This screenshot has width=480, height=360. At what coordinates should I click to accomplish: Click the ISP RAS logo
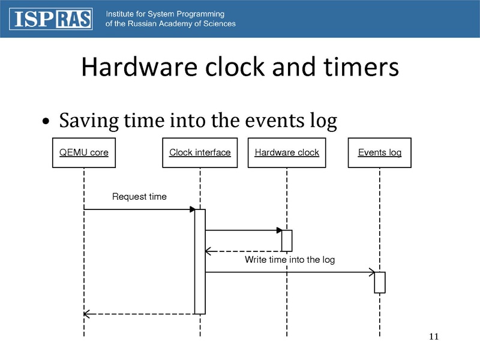click(50, 19)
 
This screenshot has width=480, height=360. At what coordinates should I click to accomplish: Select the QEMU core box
click(84, 152)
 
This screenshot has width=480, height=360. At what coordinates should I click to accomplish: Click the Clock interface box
click(200, 152)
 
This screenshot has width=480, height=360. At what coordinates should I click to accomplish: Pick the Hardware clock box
click(287, 152)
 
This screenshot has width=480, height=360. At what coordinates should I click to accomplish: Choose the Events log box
click(379, 152)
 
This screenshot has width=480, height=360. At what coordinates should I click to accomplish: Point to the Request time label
click(139, 197)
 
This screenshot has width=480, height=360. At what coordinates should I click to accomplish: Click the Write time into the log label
click(289, 260)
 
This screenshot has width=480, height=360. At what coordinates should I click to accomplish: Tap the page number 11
click(434, 337)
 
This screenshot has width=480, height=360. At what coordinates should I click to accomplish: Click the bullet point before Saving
click(46, 122)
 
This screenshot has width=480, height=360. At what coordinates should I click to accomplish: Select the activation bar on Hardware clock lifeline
click(287, 241)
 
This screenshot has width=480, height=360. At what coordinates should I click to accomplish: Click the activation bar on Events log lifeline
click(379, 282)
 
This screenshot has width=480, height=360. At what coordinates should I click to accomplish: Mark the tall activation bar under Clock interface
click(200, 261)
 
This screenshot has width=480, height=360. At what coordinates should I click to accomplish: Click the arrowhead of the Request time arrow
click(192, 209)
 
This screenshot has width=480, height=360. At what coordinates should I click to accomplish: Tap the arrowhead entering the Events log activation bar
click(371, 272)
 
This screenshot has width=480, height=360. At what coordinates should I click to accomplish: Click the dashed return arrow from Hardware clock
click(243, 251)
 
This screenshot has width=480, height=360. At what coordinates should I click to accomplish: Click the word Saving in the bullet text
click(88, 121)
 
